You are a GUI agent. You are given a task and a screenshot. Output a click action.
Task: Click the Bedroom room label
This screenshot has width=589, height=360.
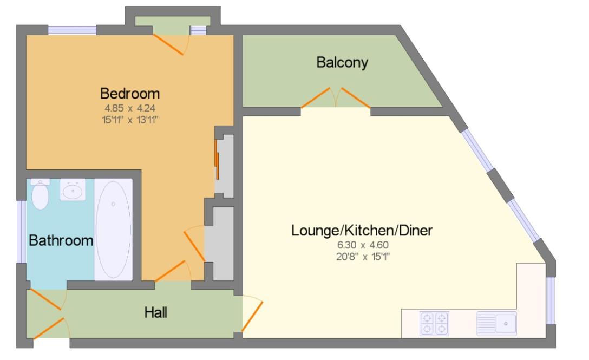coord(130,93)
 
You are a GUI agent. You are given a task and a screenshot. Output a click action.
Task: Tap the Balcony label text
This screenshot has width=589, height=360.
coord(342,62)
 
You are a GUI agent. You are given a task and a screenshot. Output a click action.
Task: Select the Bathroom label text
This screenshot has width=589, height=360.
coord(61,240)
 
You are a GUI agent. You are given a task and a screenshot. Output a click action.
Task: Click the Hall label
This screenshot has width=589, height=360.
coord(155,312)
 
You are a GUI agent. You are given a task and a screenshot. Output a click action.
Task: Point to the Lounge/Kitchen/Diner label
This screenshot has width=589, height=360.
coord(362,231)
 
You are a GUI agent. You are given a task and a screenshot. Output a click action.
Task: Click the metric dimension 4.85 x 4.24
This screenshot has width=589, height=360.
coord(130,107)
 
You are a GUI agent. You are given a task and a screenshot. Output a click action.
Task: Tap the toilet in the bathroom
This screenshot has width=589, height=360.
coord(40,194)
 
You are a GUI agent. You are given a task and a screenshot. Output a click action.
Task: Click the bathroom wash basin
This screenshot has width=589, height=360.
coord(73,190)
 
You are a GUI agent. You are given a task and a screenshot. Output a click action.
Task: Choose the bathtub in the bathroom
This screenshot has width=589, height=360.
coord(113,230)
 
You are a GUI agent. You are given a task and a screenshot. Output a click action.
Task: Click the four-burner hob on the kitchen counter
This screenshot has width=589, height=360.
coord(434,323)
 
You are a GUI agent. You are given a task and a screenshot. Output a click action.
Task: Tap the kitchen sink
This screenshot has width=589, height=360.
coord(497,323)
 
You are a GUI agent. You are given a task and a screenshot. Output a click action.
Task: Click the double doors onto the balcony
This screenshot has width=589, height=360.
coord(336,99)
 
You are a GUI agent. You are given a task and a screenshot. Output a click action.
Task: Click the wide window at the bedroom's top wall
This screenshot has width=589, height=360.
coord(72,30)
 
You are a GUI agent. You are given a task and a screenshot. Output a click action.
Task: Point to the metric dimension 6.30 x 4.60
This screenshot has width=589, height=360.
coord(362,245)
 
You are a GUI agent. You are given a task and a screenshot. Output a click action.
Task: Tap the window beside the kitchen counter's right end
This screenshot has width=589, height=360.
coord(551,300)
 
